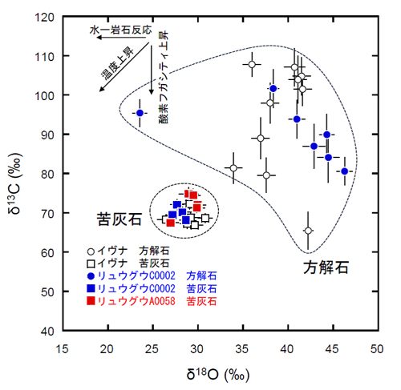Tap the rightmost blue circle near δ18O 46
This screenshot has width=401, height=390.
tap(345, 171)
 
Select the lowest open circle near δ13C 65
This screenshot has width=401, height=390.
tap(308, 231)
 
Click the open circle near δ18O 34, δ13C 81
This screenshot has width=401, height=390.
tap(233, 168)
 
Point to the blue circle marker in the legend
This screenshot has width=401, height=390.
tap(91, 275)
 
